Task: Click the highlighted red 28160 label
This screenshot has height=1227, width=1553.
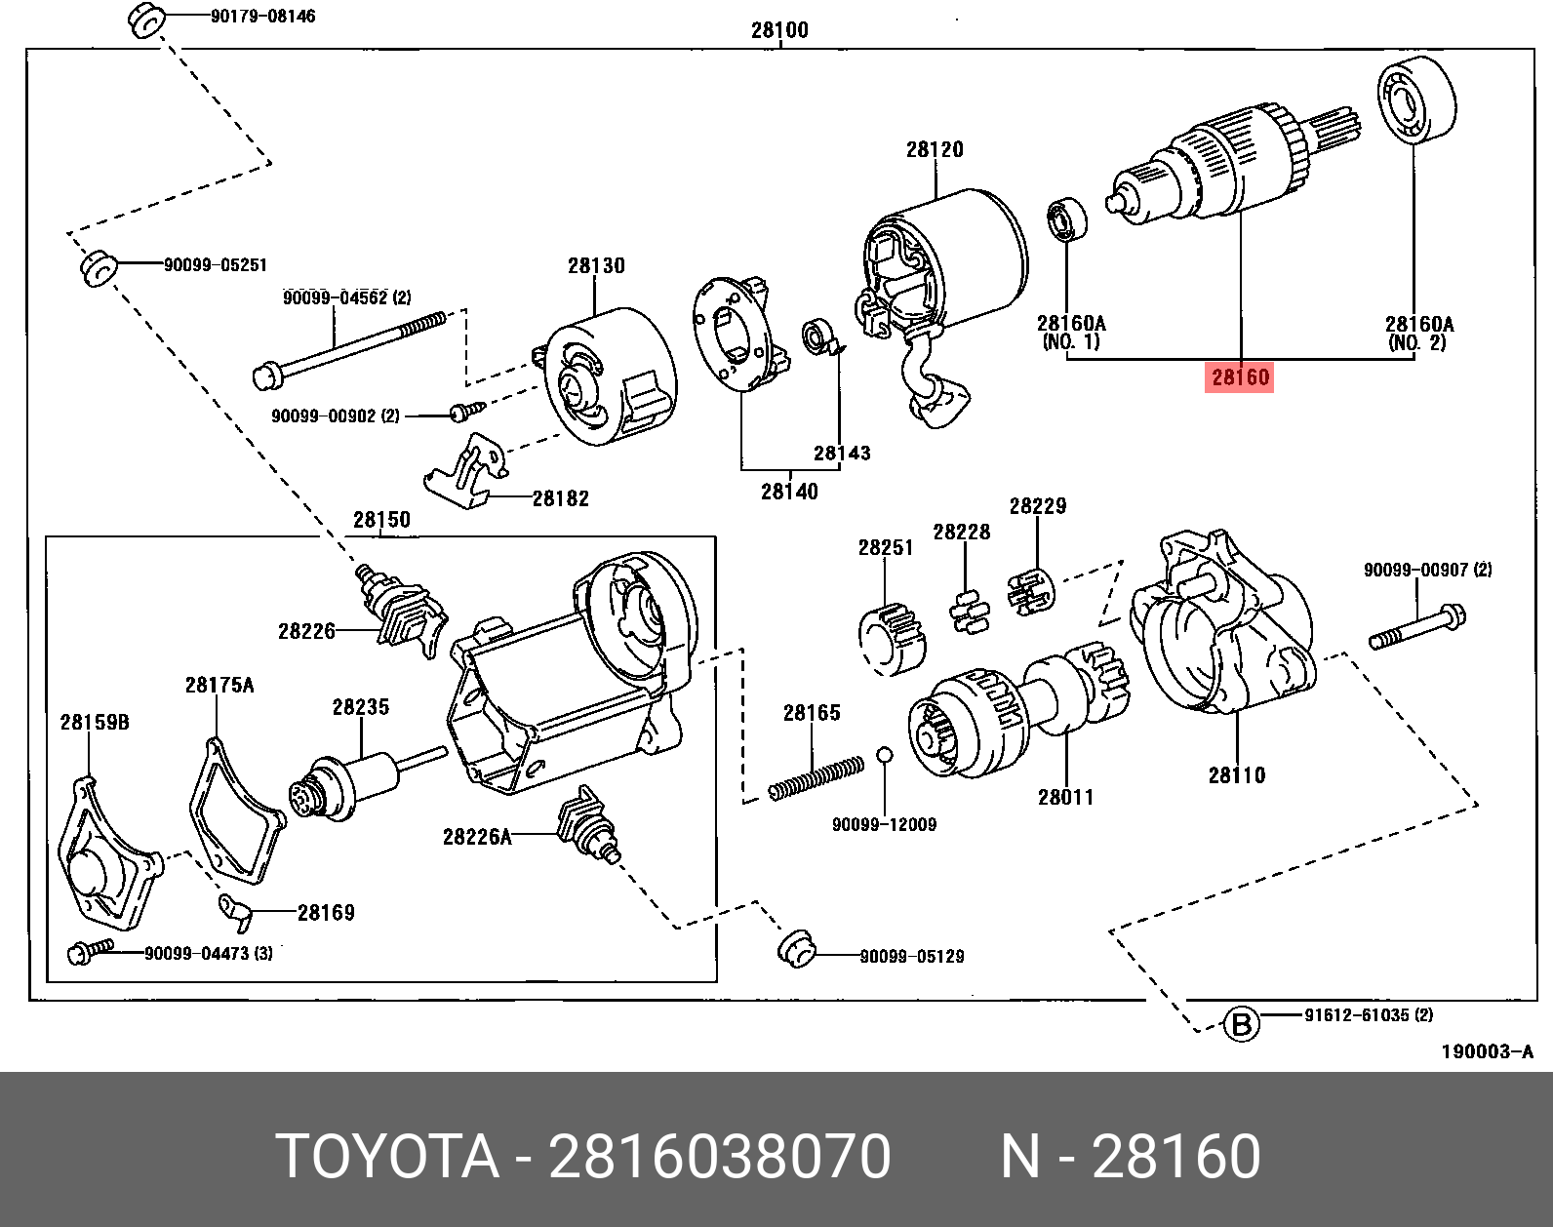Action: [x=1239, y=376]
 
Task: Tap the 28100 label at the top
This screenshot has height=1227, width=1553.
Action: [x=779, y=30]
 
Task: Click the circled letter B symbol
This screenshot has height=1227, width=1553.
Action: [x=1241, y=1024]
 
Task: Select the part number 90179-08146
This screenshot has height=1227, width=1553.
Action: [x=262, y=17]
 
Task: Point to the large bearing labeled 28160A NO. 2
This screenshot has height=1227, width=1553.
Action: [x=1415, y=99]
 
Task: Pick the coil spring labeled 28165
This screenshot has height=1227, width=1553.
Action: [x=816, y=777]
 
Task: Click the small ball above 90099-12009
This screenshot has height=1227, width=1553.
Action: [x=884, y=754]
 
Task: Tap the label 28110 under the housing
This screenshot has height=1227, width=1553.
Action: [x=1236, y=775]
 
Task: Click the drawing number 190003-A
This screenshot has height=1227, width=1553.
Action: [x=1487, y=1051]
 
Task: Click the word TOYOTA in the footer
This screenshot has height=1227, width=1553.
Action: [x=387, y=1157]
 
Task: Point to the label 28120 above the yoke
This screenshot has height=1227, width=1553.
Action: [x=934, y=149]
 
